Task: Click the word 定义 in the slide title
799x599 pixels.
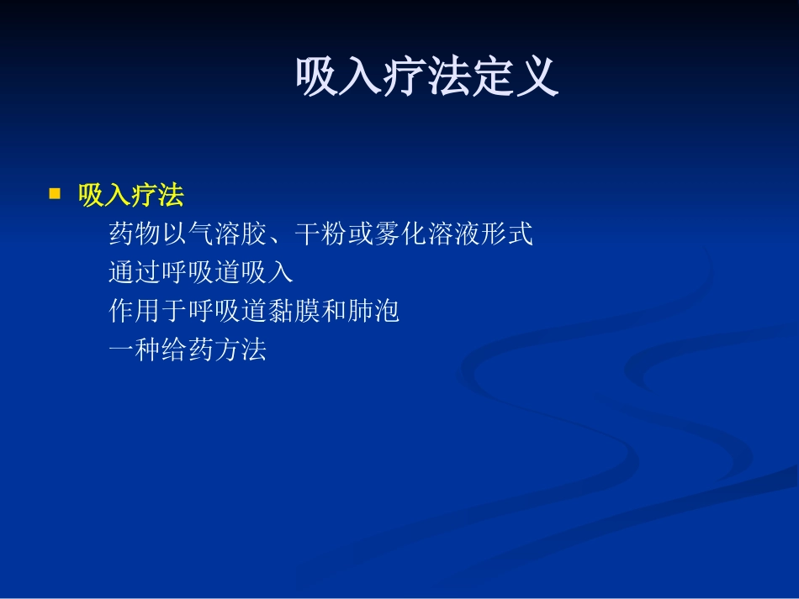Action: pos(516,78)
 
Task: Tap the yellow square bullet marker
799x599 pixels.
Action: pos(56,194)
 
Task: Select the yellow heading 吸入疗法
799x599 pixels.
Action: pos(130,196)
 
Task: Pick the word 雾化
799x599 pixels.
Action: pos(399,234)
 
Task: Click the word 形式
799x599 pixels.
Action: pos(506,234)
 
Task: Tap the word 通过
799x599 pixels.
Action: pos(135,273)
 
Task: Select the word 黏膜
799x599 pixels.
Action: pos(294,312)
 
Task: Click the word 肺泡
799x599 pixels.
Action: pos(373,312)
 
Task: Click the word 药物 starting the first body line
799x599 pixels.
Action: pos(135,234)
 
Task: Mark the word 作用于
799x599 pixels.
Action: pos(148,312)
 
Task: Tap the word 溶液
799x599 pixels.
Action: pos(453,234)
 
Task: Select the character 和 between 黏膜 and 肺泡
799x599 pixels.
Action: pos(334,312)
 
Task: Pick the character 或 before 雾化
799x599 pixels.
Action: pos(360,234)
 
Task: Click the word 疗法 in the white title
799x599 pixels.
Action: pos(427,78)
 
